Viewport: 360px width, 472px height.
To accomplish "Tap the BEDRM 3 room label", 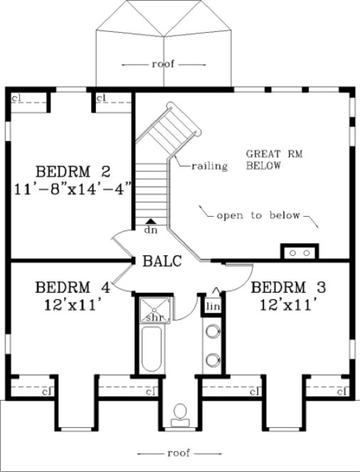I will [289, 289].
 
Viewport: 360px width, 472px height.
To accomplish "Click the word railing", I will [208, 167].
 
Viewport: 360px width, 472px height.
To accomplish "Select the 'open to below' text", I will [259, 215].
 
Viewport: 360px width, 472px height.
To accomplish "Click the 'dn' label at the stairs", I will [150, 230].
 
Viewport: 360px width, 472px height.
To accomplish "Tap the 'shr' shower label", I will [154, 317].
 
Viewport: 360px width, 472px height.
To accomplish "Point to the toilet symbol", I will [181, 414].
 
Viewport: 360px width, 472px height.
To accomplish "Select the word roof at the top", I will [162, 64].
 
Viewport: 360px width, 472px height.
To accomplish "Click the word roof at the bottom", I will [174, 452].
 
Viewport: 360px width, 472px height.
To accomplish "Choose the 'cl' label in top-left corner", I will [15, 97].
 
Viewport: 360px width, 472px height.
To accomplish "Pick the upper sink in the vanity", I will [212, 331].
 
